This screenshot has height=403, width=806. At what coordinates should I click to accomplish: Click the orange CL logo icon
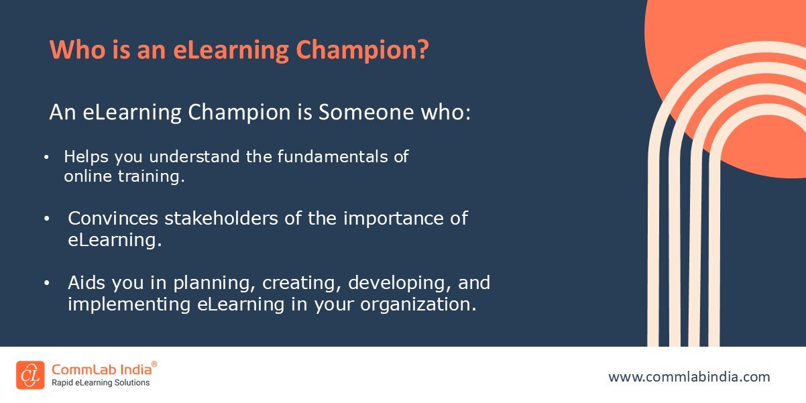point(30,375)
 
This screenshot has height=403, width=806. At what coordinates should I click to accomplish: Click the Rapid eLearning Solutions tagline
point(101,383)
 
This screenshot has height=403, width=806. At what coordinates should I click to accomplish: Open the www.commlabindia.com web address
point(689,377)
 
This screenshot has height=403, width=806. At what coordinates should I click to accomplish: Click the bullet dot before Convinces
point(46,219)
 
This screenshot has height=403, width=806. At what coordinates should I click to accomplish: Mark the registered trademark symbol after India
point(154,364)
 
